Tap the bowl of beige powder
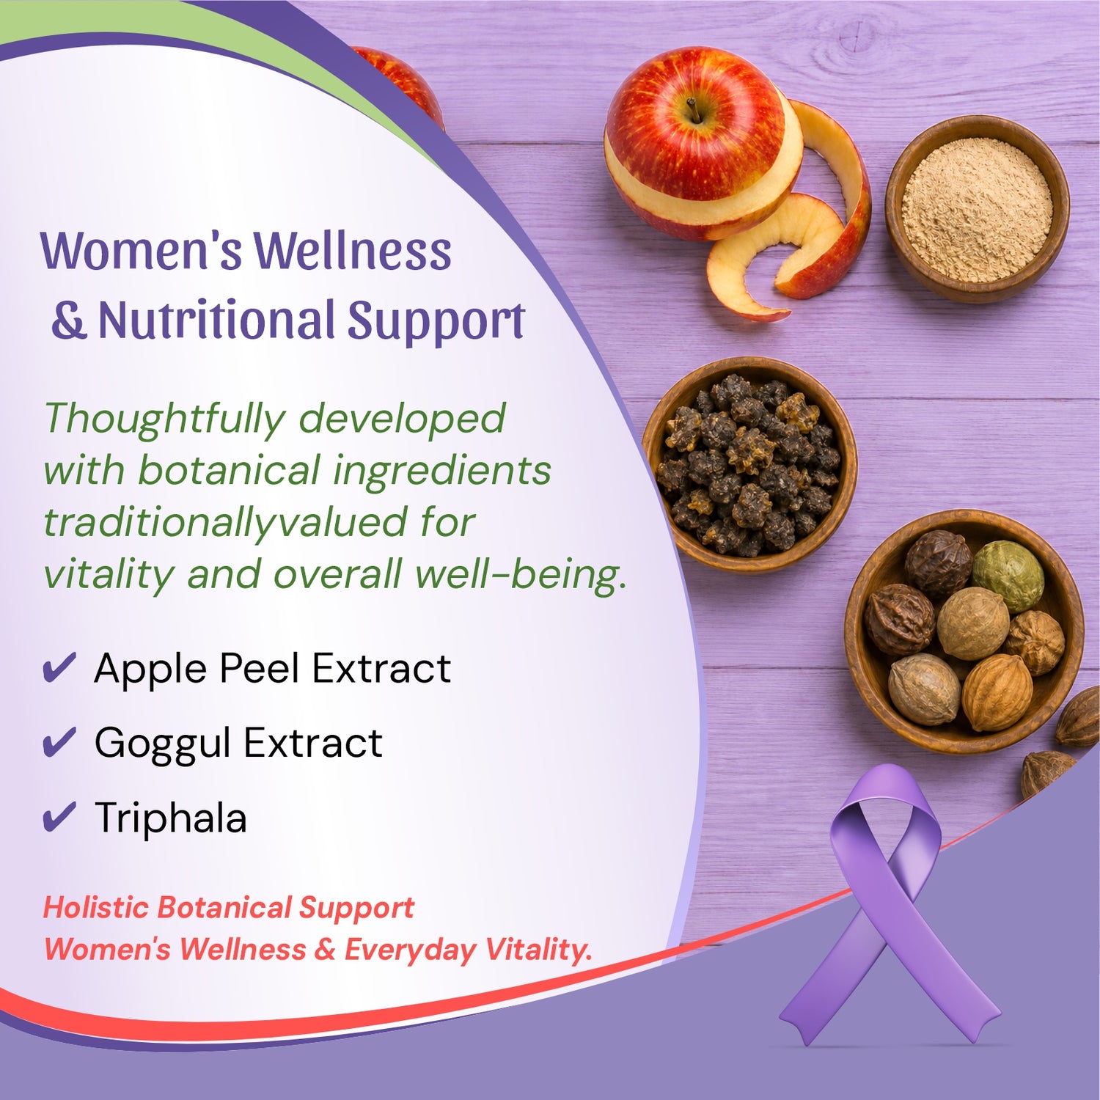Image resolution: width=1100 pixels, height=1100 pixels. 977,209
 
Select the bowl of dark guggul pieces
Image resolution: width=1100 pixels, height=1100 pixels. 749,464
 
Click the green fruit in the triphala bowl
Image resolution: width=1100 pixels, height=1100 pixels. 1008,575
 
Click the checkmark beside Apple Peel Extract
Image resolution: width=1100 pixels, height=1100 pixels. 59,667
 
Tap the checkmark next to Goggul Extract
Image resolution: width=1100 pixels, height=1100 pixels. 59,742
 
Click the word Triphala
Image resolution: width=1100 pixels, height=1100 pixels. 170,818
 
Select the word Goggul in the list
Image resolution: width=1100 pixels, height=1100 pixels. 163,744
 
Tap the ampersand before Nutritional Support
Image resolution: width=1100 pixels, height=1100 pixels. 69,320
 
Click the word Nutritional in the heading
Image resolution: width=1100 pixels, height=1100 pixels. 216,320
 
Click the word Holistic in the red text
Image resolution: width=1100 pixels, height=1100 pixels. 96,908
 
